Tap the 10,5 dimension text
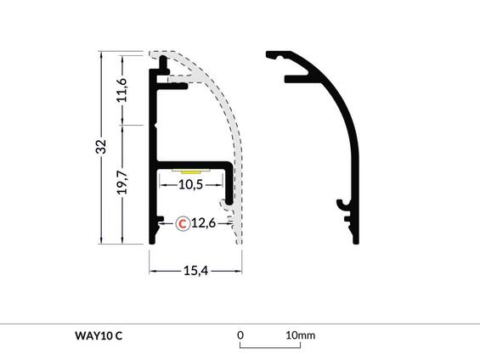point(191,183)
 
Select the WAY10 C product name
point(99,335)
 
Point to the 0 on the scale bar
point(240,335)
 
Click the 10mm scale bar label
point(300,335)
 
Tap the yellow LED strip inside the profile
point(191,171)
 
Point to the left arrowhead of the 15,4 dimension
point(153,270)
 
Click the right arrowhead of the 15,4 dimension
point(240,270)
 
